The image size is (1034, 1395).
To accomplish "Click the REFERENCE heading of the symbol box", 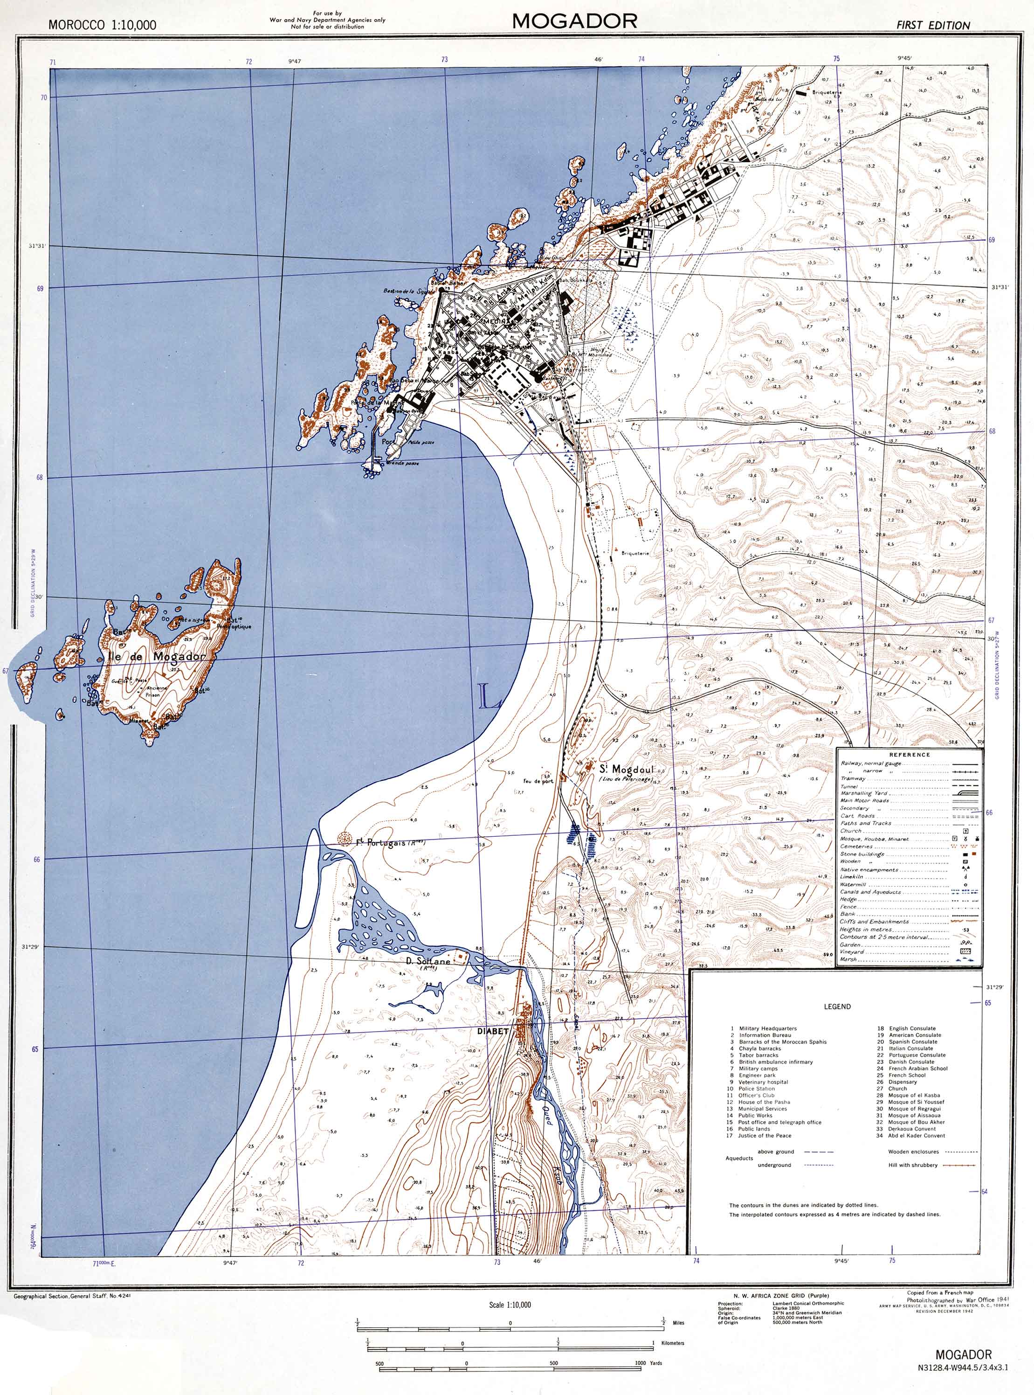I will (x=910, y=755).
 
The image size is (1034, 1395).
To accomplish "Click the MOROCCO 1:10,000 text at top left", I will (x=102, y=26).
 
